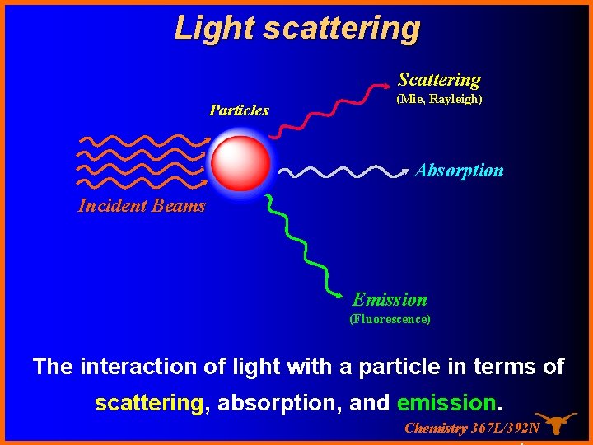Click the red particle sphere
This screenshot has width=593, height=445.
[x=240, y=162]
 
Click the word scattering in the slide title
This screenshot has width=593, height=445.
[x=341, y=27]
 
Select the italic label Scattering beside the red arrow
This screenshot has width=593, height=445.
[x=439, y=80]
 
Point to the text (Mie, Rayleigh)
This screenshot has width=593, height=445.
[x=439, y=99]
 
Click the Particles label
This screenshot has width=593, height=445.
[x=239, y=110]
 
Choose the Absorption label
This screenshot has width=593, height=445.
[x=459, y=171]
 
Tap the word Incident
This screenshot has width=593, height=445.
[x=112, y=206]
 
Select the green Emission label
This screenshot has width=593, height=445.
[x=390, y=300]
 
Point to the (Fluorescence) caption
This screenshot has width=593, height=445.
[x=390, y=319]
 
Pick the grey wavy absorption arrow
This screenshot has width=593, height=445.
[x=342, y=171]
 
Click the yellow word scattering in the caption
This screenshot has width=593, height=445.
[x=148, y=403]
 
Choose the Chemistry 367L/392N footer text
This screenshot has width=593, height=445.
[x=472, y=428]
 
